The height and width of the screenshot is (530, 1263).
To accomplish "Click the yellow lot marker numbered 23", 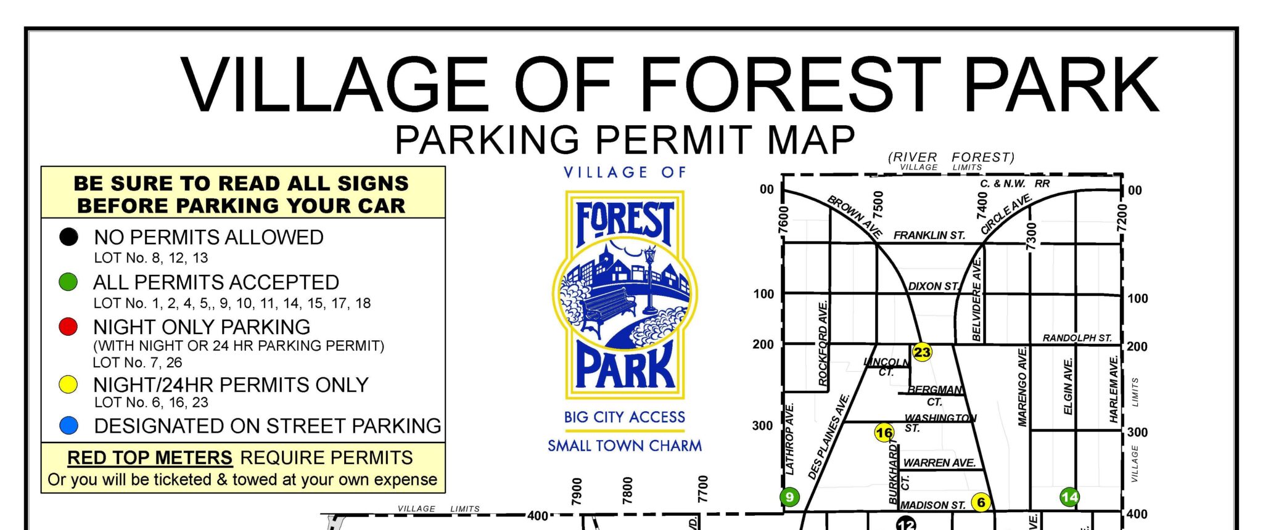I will click(921, 352).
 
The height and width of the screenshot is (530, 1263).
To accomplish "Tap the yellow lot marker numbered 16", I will click(884, 433).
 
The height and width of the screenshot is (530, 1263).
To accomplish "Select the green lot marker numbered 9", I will click(789, 497).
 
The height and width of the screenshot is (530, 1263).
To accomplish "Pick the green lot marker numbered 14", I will click(1069, 497).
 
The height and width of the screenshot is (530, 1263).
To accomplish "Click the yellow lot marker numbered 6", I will click(981, 502).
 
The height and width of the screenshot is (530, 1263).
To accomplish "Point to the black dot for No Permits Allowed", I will click(68, 237).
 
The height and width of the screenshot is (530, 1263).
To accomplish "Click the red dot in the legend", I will click(68, 327).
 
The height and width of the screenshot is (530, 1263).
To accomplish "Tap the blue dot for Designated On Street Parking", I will click(68, 425).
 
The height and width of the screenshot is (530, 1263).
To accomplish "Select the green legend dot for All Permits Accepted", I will click(68, 282).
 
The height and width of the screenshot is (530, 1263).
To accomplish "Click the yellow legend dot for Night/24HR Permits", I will click(68, 385).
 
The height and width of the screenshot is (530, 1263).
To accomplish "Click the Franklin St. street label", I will click(929, 235).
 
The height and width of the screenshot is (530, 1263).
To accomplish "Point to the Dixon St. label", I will click(933, 286).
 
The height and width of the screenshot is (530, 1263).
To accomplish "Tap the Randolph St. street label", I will click(1077, 338).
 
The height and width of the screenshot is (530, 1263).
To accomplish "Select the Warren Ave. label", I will click(939, 463).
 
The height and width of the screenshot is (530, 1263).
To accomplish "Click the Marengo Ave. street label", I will click(1022, 386).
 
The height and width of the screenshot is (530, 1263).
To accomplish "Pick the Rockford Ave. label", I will click(823, 343).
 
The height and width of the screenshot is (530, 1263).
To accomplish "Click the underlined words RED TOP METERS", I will click(150, 458).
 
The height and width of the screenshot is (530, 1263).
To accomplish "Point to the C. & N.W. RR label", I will click(1014, 184).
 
